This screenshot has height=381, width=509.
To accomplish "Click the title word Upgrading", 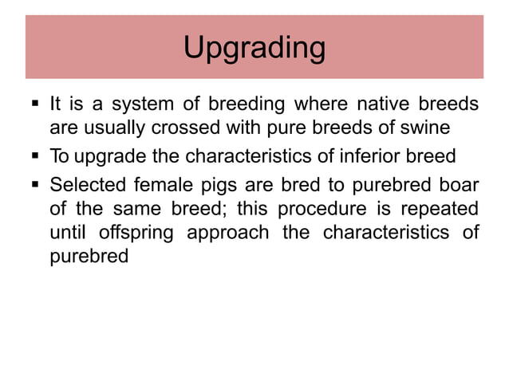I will [x=254, y=49].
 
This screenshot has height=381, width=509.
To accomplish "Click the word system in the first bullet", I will [x=136, y=104].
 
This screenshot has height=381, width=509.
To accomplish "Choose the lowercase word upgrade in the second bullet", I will [x=109, y=155].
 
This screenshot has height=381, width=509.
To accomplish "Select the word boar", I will [x=460, y=185].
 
